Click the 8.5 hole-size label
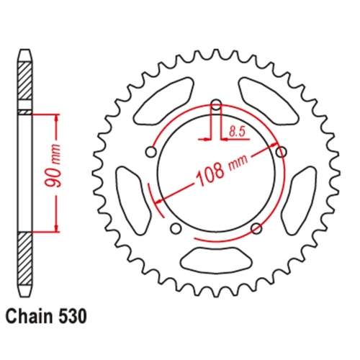pyautogui.click(x=235, y=130)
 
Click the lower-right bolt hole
pyautogui.click(x=256, y=229)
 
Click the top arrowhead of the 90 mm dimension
pyautogui.click(x=55, y=116)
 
